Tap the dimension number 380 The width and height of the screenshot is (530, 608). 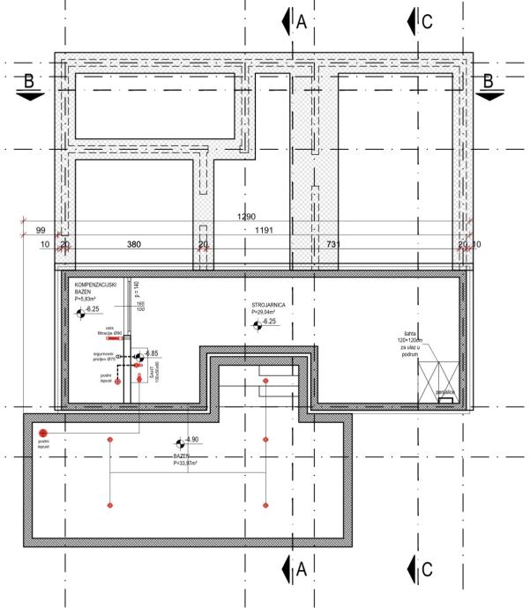click(134, 243)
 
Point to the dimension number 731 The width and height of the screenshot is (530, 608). click(334, 243)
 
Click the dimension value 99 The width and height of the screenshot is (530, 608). click(40, 230)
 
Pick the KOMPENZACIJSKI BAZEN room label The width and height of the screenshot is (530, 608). click(94, 290)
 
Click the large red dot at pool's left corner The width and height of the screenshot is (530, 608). click(42, 434)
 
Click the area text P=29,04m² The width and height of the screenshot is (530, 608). click(264, 313)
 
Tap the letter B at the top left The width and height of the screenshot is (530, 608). click(30, 81)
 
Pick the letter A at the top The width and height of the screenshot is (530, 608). click(301, 23)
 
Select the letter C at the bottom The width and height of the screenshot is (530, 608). click(426, 570)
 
